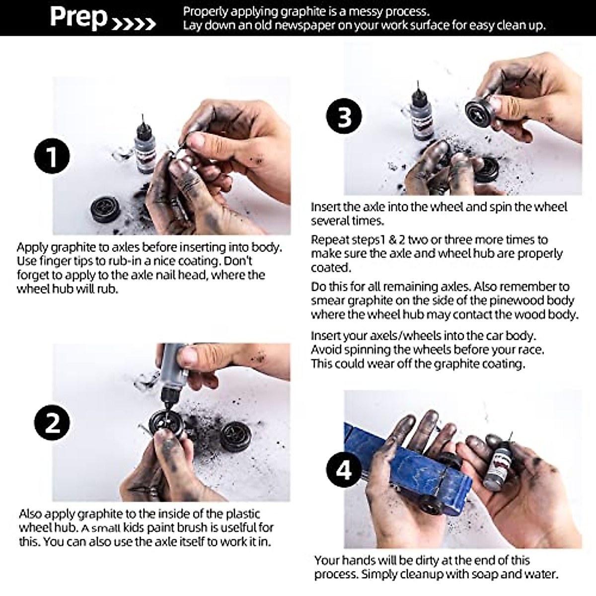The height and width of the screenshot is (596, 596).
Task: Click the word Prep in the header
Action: (78, 17)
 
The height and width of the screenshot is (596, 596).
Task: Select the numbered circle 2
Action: (52, 423)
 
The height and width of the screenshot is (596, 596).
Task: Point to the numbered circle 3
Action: (344, 116)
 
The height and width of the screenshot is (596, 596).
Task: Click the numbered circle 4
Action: (344, 470)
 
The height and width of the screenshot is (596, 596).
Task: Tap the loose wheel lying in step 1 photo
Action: (106, 209)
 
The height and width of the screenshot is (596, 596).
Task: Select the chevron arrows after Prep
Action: (133, 24)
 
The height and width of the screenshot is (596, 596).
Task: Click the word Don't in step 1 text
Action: (238, 261)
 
